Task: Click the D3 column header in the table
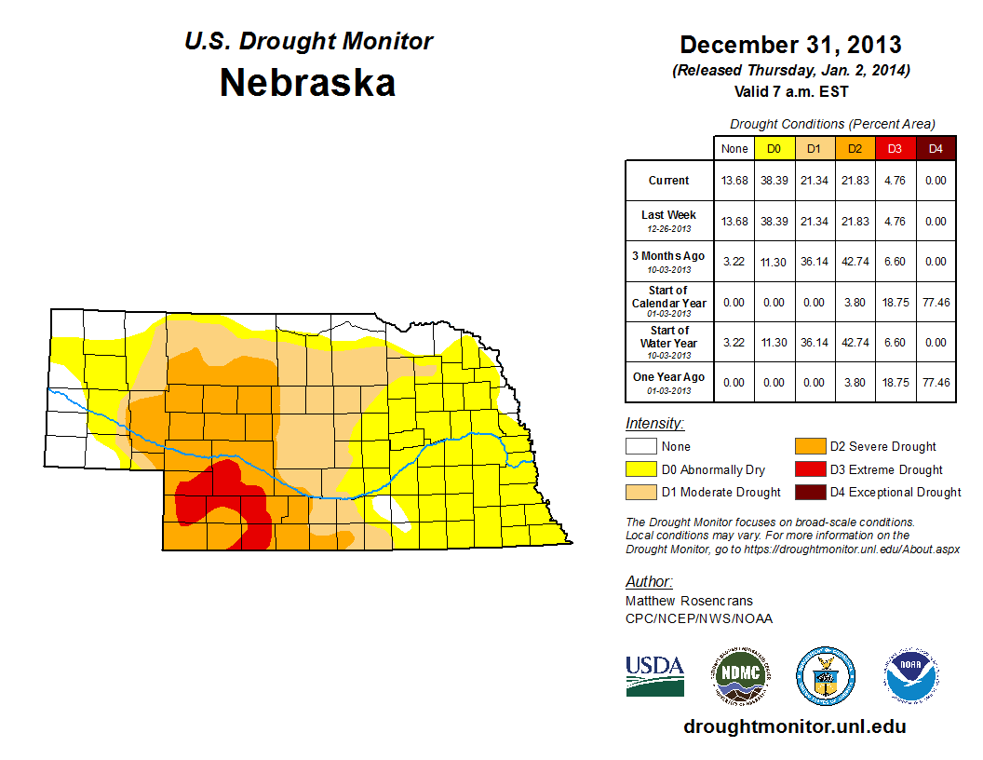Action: point(895,148)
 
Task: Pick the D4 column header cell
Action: point(936,148)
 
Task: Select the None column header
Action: point(734,148)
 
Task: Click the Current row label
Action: point(669,181)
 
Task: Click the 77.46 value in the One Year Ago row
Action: point(936,382)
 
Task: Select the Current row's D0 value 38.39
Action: point(774,181)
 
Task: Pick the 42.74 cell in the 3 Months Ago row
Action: point(854,263)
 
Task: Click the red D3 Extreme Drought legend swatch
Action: point(809,469)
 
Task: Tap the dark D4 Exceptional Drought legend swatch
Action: point(809,492)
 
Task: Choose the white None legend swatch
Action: point(641,447)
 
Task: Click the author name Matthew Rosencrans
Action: point(688,601)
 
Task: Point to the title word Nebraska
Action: point(307,83)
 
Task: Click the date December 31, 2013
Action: point(790,45)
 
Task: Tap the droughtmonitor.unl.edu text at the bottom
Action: point(794,726)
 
